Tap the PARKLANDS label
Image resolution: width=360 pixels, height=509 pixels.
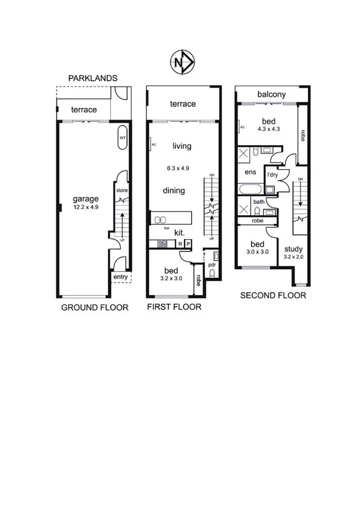pos(92,79)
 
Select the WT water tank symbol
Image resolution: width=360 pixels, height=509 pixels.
pos(122,137)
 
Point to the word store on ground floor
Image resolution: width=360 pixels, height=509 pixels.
pos(122,191)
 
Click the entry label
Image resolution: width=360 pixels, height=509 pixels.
pos(121,277)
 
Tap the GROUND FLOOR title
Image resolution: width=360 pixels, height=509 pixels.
pos(95,308)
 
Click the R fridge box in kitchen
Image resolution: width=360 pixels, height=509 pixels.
pos(180,244)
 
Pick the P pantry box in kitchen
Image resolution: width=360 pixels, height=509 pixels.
pos(187,244)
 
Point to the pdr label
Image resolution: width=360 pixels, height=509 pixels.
pos(212,264)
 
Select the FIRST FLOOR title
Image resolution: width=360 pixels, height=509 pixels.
pos(174,308)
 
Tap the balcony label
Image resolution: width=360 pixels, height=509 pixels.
pos(271,95)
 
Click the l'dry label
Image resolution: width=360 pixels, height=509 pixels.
pos(273,174)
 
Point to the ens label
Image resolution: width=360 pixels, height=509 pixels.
pos(251,172)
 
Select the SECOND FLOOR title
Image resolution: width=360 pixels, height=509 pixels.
pos(273,296)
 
